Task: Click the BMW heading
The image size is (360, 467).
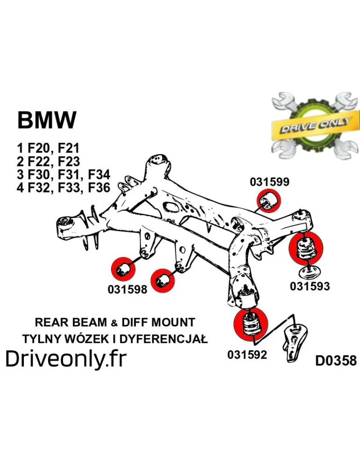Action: click(x=47, y=120)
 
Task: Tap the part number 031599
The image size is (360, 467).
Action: click(x=269, y=182)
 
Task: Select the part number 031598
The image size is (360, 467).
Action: click(x=127, y=290)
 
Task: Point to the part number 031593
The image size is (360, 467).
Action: click(x=310, y=286)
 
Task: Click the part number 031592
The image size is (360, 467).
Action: click(x=247, y=354)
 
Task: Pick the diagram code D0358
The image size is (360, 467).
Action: click(x=336, y=361)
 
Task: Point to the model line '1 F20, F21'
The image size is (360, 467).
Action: click(x=48, y=149)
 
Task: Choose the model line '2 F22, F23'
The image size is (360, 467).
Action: click(x=49, y=162)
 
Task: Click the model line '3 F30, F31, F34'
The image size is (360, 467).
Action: click(x=64, y=175)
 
